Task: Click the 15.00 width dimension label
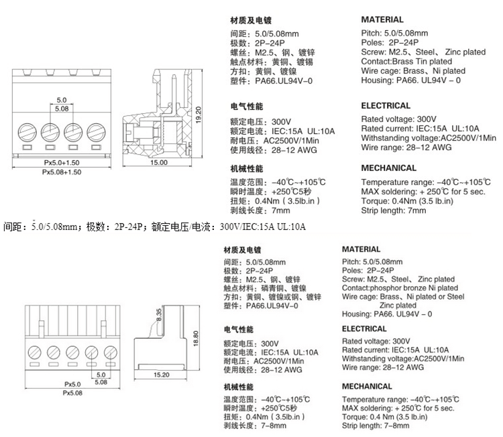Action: point(159,163)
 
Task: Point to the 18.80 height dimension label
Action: point(196,338)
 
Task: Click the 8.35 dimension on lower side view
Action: point(159,315)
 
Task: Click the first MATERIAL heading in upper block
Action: point(382,20)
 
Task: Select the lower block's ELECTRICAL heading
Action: point(364,329)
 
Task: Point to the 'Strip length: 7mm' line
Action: point(394,210)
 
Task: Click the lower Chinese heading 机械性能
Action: point(238,387)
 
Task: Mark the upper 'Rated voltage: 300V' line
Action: point(398,119)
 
